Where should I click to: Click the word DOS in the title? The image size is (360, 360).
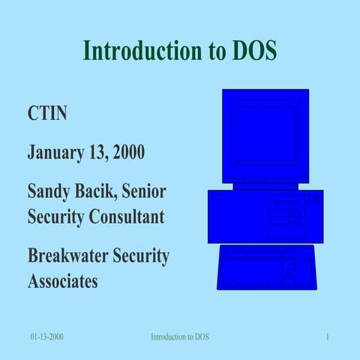pyautogui.click(x=251, y=51)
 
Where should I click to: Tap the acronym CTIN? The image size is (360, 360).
pyautogui.click(x=47, y=115)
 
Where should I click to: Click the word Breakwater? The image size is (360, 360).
pyautogui.click(x=67, y=256)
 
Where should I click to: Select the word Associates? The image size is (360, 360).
pyautogui.click(x=62, y=281)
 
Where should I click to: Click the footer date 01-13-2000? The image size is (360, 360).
pyautogui.click(x=46, y=337)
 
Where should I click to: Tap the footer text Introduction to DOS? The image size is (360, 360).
pyautogui.click(x=180, y=337)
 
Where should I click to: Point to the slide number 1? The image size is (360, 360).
pyautogui.click(x=328, y=337)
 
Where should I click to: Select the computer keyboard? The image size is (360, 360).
pyautogui.click(x=266, y=268)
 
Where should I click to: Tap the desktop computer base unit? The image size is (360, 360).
pyautogui.click(x=265, y=215)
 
